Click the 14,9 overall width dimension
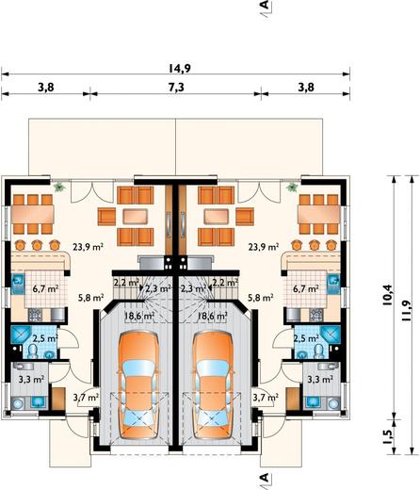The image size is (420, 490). [180, 68]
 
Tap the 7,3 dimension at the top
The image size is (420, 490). [176, 87]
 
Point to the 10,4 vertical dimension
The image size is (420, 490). [387, 295]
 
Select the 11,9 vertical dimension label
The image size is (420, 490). [405, 311]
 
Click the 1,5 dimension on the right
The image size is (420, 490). [387, 436]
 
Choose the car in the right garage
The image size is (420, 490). [213, 384]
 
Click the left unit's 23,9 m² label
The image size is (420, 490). [89, 247]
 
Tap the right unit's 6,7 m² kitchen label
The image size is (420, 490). [306, 288]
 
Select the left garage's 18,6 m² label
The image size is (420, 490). [139, 316]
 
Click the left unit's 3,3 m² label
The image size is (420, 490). [31, 380]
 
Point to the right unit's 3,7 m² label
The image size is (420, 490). [266, 398]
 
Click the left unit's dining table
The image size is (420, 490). [33, 214]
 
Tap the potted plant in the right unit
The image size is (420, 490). [292, 188]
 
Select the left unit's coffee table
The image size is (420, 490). [135, 217]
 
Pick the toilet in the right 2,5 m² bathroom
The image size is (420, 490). [319, 351]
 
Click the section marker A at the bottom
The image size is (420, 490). [266, 478]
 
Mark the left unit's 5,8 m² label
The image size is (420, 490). [90, 297]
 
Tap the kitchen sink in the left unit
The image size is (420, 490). [18, 280]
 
